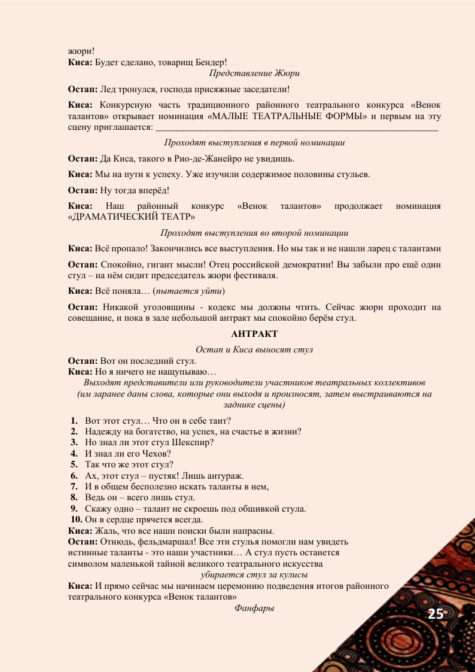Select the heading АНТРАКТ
pos(254,333)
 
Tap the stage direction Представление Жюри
pos(254,73)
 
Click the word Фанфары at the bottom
pos(254,608)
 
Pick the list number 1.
pos(75,421)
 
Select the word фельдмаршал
pos(162,542)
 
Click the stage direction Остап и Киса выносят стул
pos(254,349)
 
